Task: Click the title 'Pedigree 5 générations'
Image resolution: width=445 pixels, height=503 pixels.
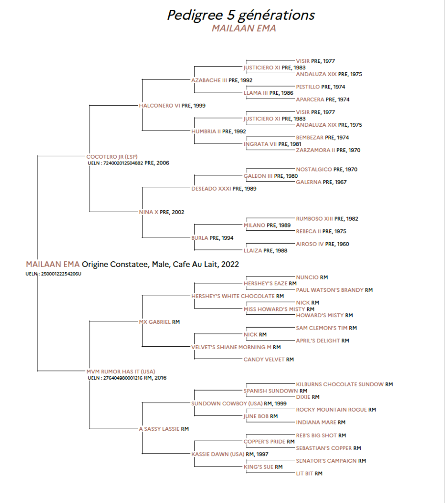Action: click(x=240, y=15)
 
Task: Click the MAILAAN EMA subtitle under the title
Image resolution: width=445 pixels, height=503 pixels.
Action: click(x=244, y=28)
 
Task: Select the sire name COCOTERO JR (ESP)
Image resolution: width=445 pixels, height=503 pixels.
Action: click(x=112, y=157)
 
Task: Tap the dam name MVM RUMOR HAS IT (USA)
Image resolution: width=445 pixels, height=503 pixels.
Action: click(x=121, y=371)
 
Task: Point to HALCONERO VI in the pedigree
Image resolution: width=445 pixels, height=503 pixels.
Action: click(x=159, y=106)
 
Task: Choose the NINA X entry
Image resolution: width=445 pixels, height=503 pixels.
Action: click(x=149, y=212)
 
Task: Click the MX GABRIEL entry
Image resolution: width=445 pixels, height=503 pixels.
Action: click(x=155, y=322)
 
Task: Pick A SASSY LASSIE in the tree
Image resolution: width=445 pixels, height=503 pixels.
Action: click(x=159, y=429)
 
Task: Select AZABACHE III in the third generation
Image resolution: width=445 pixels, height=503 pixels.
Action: click(x=209, y=80)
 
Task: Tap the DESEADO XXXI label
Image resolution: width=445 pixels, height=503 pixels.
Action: click(x=211, y=189)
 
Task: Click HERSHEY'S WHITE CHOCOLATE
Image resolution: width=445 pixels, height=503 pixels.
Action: click(x=233, y=296)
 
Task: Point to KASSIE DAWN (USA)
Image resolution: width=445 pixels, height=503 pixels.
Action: click(x=218, y=454)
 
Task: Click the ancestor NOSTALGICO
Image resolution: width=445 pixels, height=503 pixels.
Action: click(x=314, y=169)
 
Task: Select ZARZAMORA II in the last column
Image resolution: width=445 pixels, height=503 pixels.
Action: click(x=315, y=150)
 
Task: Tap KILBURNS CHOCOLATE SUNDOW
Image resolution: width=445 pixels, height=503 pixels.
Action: click(x=340, y=384)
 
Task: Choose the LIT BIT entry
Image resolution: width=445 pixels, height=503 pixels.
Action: click(x=305, y=474)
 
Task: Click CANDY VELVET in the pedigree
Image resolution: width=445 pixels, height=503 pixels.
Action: click(x=264, y=360)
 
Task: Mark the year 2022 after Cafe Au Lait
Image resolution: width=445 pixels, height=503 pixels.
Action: click(x=230, y=264)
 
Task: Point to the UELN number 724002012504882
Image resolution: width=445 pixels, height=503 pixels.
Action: click(x=123, y=163)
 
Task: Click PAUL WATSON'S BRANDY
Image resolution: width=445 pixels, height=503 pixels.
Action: click(x=330, y=290)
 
